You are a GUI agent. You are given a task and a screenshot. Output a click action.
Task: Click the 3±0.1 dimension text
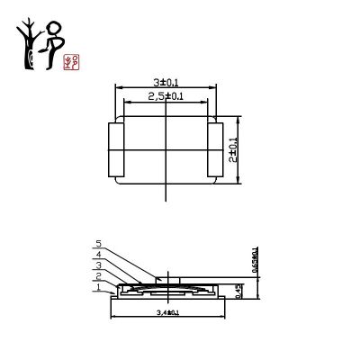[x=166, y=82]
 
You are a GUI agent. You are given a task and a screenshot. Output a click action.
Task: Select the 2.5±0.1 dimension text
[x=166, y=95]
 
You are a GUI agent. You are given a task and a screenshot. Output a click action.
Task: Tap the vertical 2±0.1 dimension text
[x=234, y=148]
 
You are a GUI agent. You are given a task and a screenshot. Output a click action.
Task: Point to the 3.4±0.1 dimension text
[x=168, y=312]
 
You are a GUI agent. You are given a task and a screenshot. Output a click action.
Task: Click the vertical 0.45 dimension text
[x=238, y=289]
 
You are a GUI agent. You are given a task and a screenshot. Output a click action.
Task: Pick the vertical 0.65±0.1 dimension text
[x=255, y=260]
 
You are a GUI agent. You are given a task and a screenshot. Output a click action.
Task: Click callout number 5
[x=99, y=243]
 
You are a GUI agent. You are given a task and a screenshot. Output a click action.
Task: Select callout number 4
[x=99, y=254]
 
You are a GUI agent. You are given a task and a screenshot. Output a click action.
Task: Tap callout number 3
[x=99, y=265]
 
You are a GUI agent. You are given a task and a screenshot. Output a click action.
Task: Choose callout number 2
[x=99, y=276]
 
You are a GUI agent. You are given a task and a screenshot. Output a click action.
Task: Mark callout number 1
[x=99, y=287]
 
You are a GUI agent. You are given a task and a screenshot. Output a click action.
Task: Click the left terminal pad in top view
[x=115, y=148]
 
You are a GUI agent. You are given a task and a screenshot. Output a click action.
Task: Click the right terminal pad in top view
[x=215, y=148]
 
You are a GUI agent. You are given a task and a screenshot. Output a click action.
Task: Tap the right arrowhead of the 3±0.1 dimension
[x=217, y=87]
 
